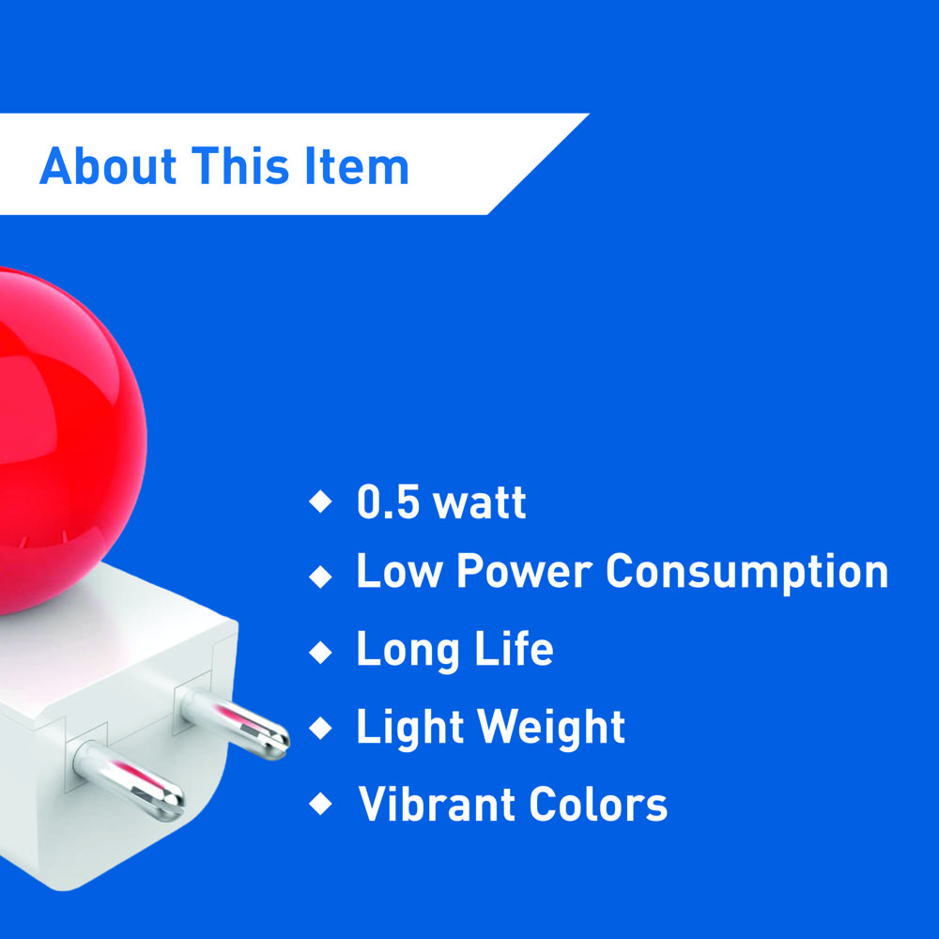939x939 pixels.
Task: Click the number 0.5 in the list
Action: coord(387,503)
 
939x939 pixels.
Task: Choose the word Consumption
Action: coord(747,573)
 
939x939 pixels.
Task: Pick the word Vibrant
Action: coord(437,805)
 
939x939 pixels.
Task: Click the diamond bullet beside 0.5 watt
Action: coord(320,501)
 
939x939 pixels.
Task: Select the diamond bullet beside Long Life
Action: coord(320,651)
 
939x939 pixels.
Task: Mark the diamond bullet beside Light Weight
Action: coord(320,728)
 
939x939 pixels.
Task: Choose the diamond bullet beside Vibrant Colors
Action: coord(320,804)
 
